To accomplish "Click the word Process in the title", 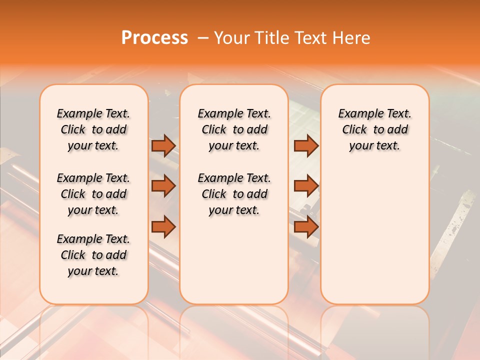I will point(154,38).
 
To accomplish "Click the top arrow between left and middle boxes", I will point(163,145).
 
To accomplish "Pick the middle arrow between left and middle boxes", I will point(163,186).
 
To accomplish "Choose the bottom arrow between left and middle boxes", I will point(163,227).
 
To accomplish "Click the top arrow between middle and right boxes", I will point(306,145).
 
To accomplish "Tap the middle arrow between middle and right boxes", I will point(306,186).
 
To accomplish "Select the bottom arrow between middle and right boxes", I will point(306,227).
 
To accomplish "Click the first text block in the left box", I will point(93,129).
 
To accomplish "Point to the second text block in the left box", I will point(93,194).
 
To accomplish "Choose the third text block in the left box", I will point(93,255).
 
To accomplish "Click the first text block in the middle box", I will point(234,129).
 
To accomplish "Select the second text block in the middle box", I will point(234,194).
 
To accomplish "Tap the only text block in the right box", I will point(375,129).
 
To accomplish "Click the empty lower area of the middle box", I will point(234,260).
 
